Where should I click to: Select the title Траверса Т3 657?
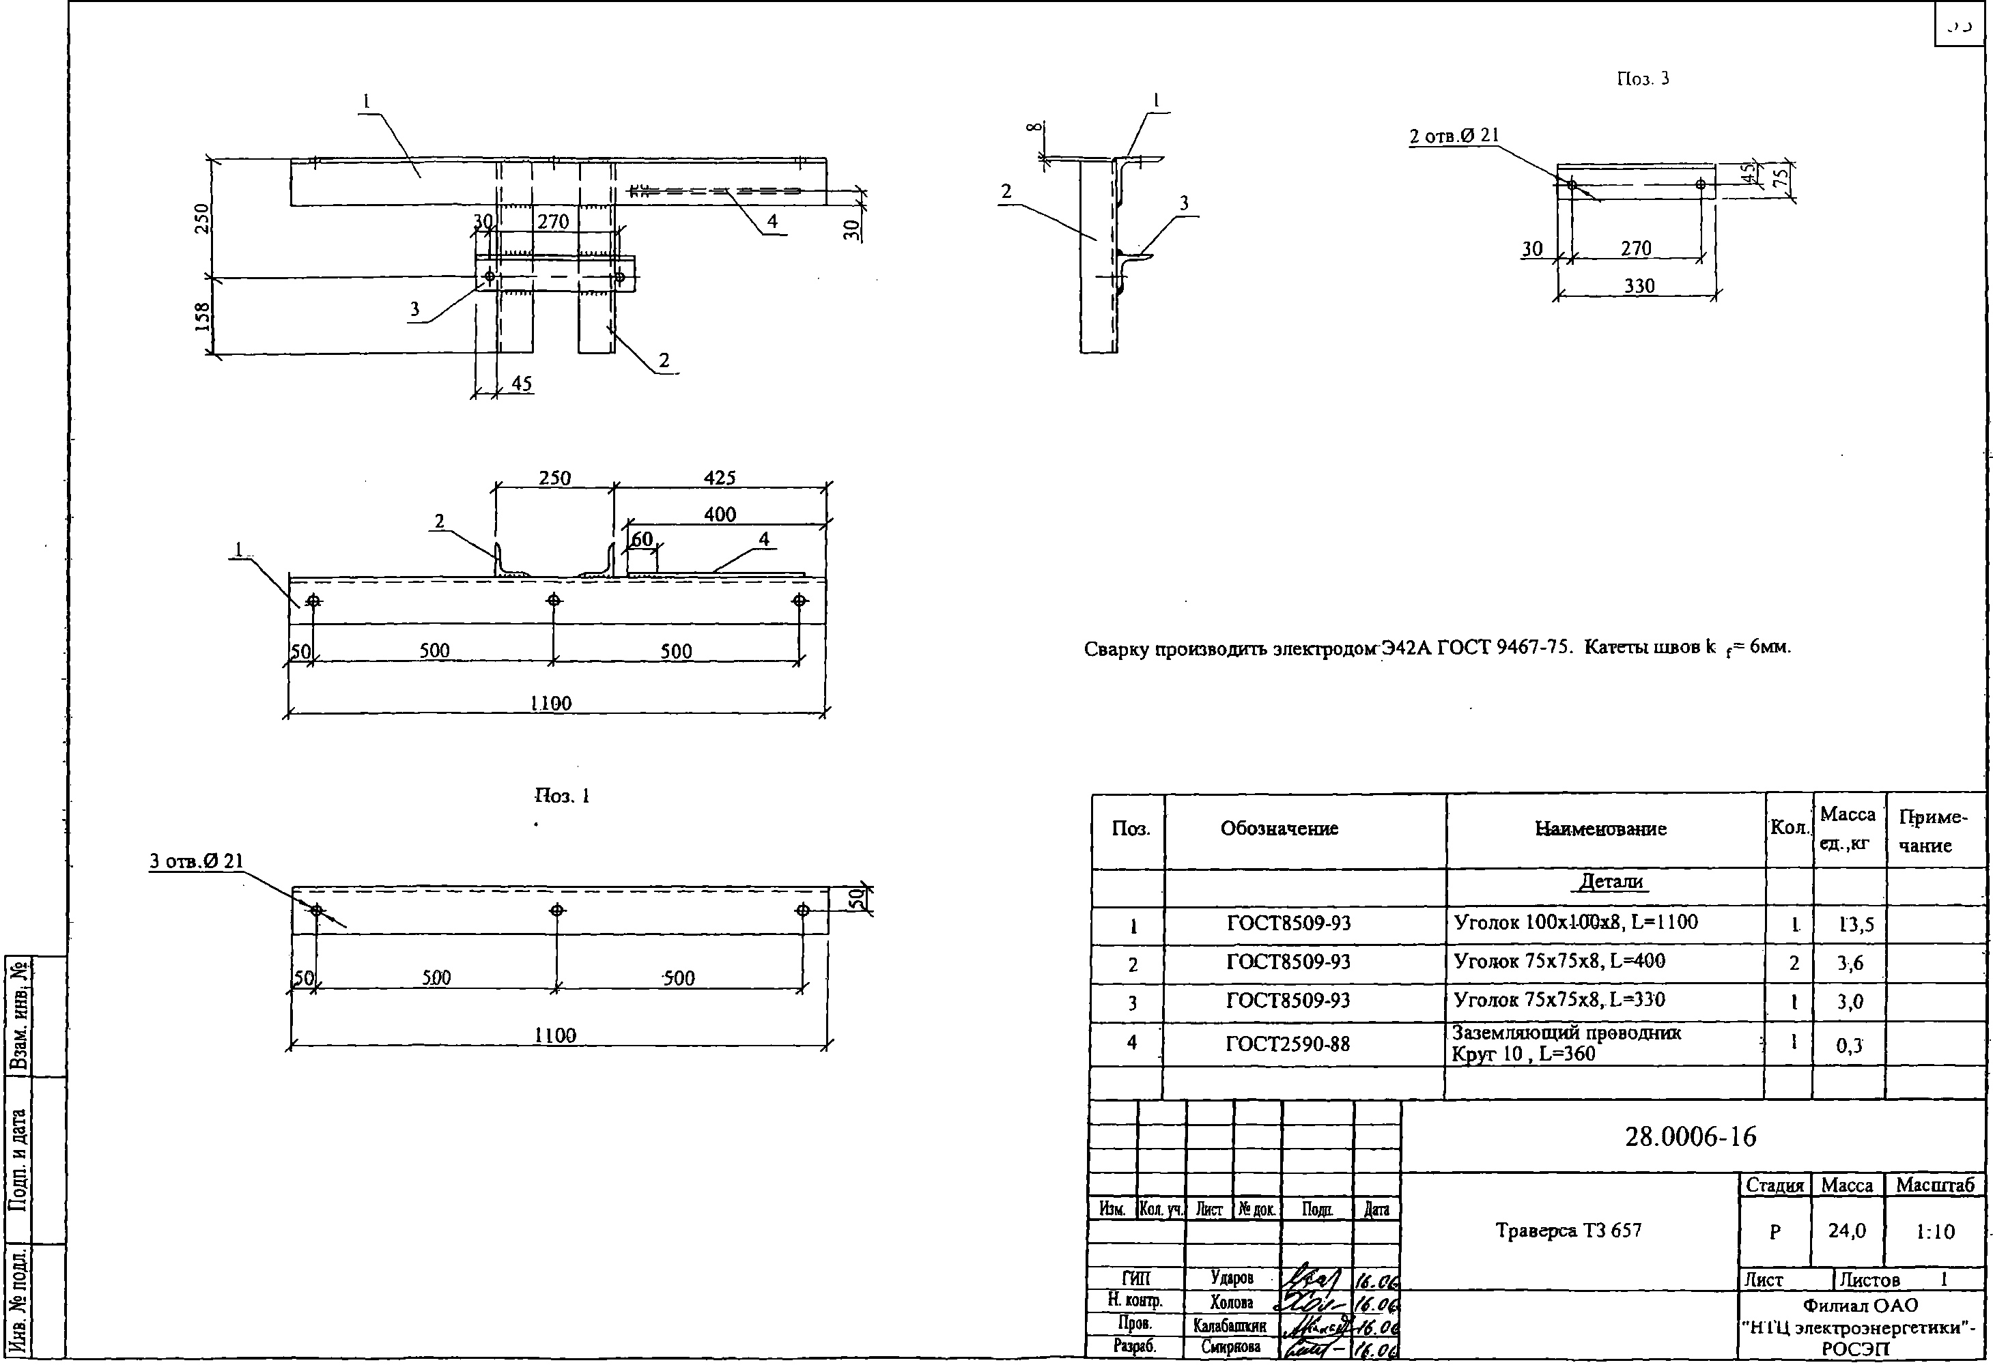[x=1568, y=1231]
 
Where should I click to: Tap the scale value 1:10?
[x=1935, y=1232]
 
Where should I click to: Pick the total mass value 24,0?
[x=1846, y=1231]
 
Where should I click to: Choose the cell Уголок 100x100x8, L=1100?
[x=1575, y=923]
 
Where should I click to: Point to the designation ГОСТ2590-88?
[x=1287, y=1044]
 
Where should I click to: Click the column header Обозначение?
[x=1279, y=829]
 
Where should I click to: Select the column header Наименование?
[x=1600, y=829]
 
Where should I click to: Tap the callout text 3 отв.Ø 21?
[x=197, y=861]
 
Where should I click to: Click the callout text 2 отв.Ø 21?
[x=1454, y=135]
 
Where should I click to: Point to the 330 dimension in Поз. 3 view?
[x=1639, y=285]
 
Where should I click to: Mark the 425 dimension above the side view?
[x=720, y=478]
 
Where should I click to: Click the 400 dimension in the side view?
[x=720, y=515]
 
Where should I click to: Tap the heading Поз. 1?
[x=562, y=796]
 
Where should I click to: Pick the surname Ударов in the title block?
[x=1232, y=1278]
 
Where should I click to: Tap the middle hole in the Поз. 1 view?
[x=557, y=910]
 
